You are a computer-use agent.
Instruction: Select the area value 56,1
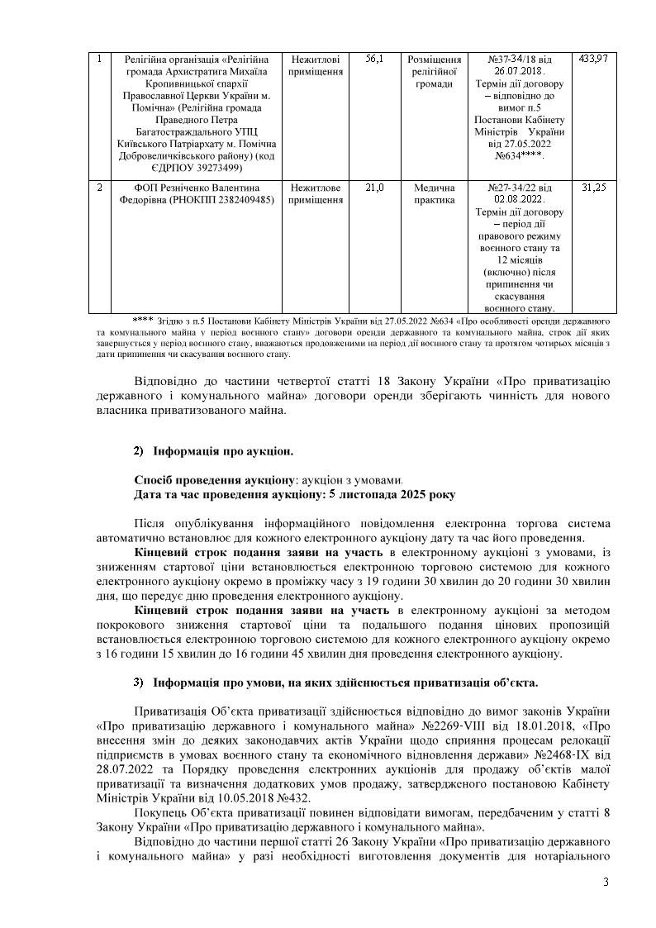tap(374, 59)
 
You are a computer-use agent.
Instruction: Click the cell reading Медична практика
tap(435, 193)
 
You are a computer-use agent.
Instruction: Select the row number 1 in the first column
tap(99, 59)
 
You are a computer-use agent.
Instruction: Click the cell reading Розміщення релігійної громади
tap(435, 71)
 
